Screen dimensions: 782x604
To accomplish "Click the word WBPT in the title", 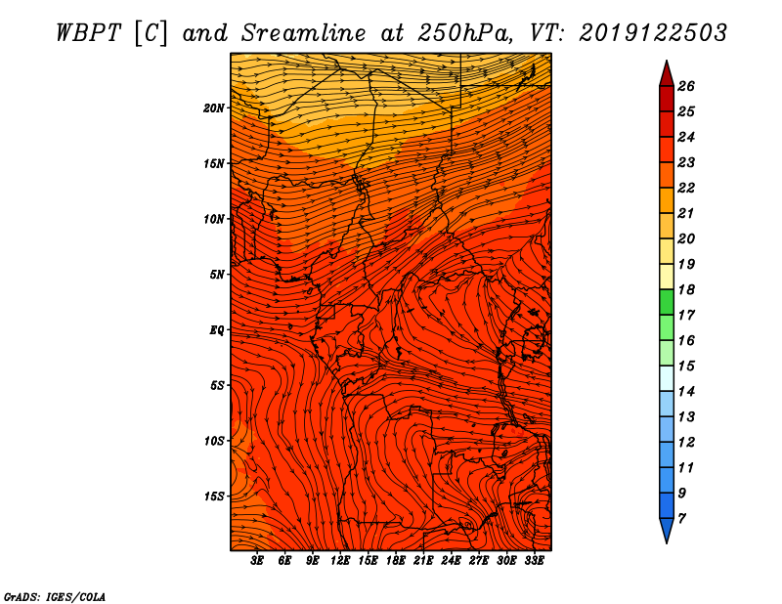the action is tap(88, 33).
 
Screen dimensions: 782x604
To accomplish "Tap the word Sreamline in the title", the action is tap(304, 33).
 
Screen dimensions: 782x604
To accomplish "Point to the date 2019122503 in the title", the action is tap(653, 33).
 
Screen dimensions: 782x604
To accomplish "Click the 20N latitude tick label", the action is tap(214, 108).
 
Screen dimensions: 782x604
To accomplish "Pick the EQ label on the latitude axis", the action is tap(217, 330).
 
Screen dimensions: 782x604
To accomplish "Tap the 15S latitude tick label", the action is tap(214, 496).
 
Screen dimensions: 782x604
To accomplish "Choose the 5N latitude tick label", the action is tap(217, 275).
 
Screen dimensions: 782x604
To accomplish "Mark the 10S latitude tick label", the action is tap(214, 441).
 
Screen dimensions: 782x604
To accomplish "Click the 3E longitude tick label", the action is tap(257, 561).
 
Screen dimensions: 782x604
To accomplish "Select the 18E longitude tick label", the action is tap(396, 561).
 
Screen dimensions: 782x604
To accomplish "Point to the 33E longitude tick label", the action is tap(534, 561).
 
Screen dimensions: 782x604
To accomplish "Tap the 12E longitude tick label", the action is tap(340, 561).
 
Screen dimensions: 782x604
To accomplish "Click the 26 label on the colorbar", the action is tap(686, 86).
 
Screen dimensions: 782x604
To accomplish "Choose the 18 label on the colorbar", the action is tap(686, 289).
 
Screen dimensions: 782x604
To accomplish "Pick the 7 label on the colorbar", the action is tap(681, 519).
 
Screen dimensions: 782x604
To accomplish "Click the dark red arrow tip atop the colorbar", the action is tap(667, 73).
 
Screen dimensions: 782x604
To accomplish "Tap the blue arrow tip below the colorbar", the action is tap(667, 531).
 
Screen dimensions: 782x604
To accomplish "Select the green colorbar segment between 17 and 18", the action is tap(667, 302).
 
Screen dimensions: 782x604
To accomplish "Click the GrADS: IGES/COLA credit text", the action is tap(55, 597).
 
